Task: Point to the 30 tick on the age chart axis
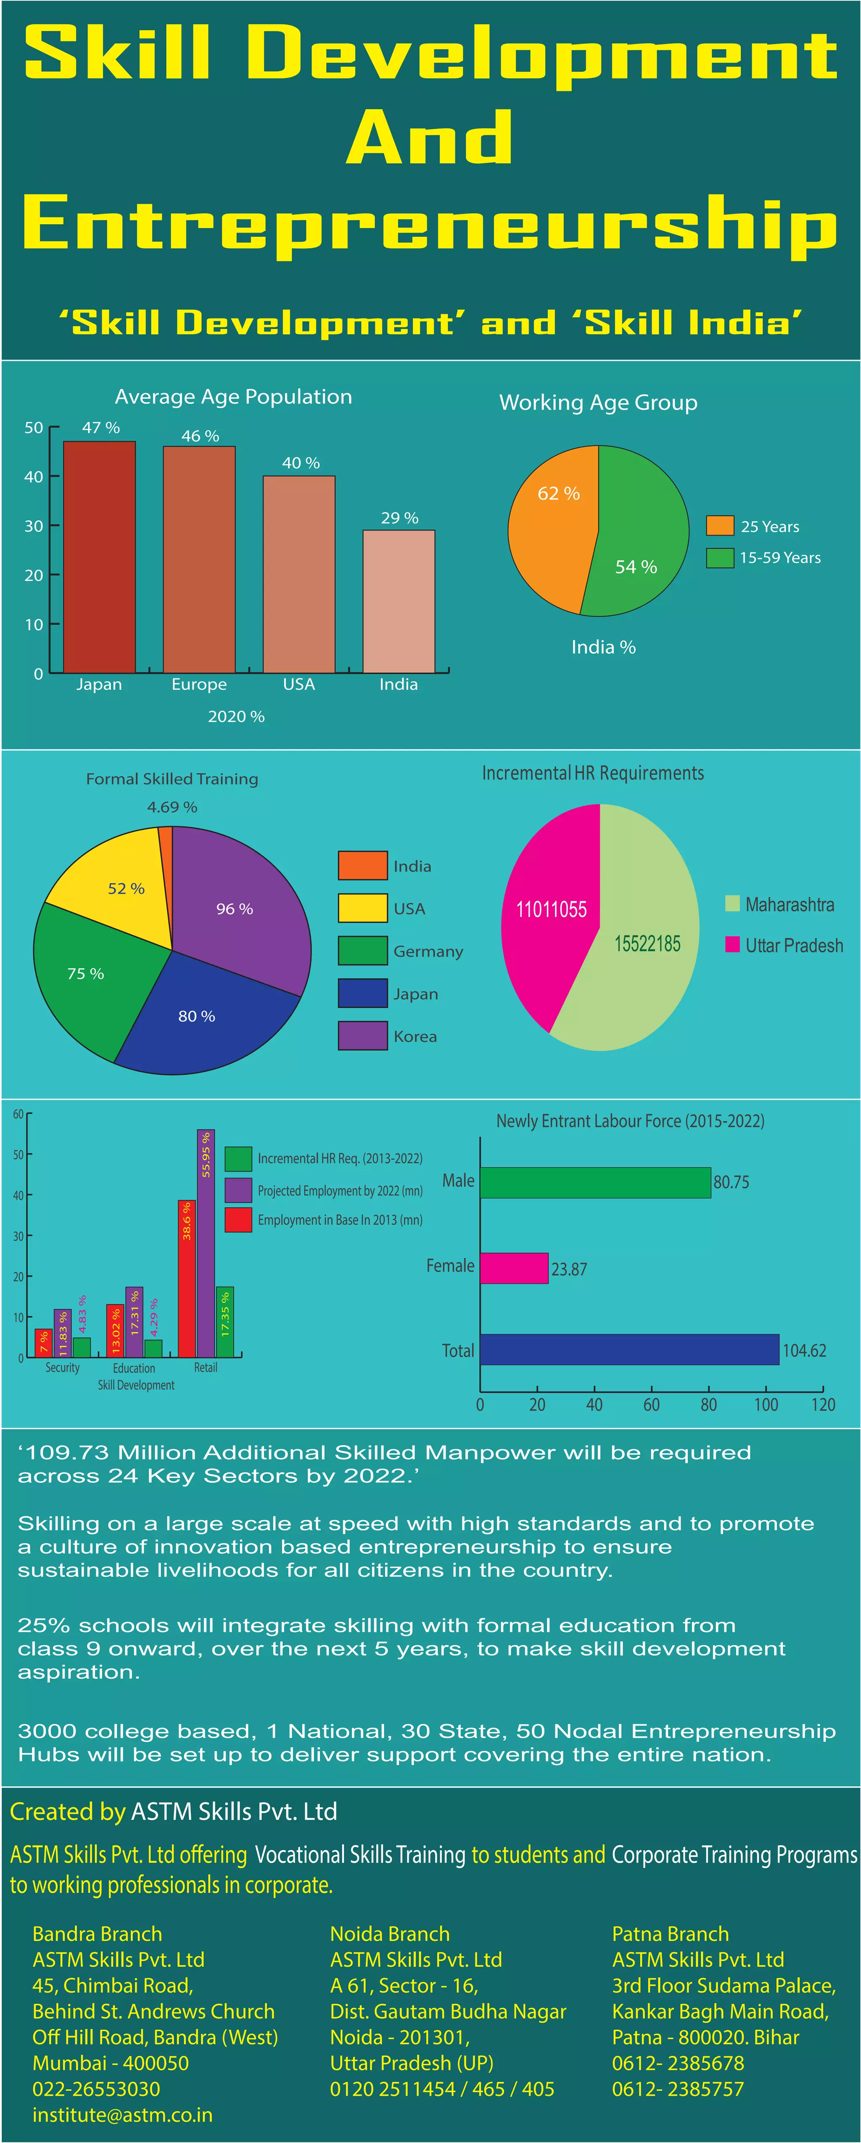tap(34, 526)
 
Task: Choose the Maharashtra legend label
tap(790, 904)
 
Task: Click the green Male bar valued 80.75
tap(595, 1182)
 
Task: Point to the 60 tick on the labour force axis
tap(651, 1405)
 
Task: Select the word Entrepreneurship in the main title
tap(430, 225)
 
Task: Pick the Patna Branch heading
tap(671, 1934)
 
